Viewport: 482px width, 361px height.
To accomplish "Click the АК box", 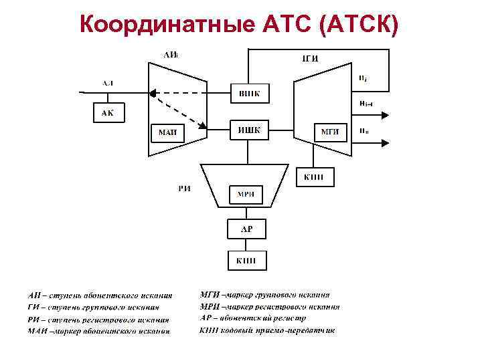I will click(108, 112).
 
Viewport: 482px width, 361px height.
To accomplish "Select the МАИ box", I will click(167, 132).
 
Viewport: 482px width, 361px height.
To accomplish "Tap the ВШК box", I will click(249, 94).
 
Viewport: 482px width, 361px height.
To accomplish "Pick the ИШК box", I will click(249, 130).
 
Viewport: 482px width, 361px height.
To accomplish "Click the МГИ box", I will click(330, 132).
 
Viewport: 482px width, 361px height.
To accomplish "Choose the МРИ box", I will click(246, 195).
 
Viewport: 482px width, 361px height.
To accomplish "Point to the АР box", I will click(247, 229).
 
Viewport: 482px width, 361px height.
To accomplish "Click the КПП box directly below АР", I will click(247, 260).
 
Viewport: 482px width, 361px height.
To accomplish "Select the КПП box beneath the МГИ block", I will click(314, 176).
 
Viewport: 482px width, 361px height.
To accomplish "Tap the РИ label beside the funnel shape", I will click(185, 189).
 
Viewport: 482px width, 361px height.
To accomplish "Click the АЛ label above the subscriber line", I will click(108, 82).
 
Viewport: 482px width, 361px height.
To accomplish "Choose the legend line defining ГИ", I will click(94, 307).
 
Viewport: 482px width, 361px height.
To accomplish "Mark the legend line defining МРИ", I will click(269, 307).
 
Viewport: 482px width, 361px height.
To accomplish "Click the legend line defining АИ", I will click(100, 295).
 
